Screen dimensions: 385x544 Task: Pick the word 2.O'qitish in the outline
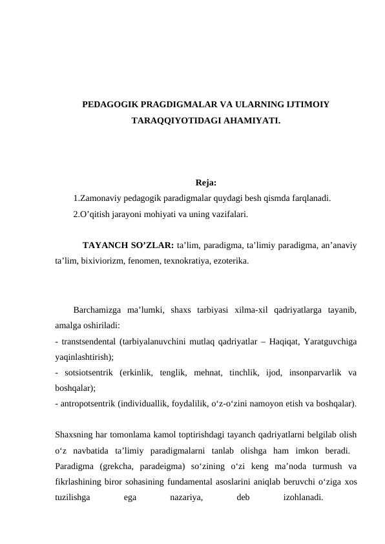click(x=92, y=213)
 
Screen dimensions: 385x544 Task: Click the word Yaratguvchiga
click(x=331, y=340)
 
